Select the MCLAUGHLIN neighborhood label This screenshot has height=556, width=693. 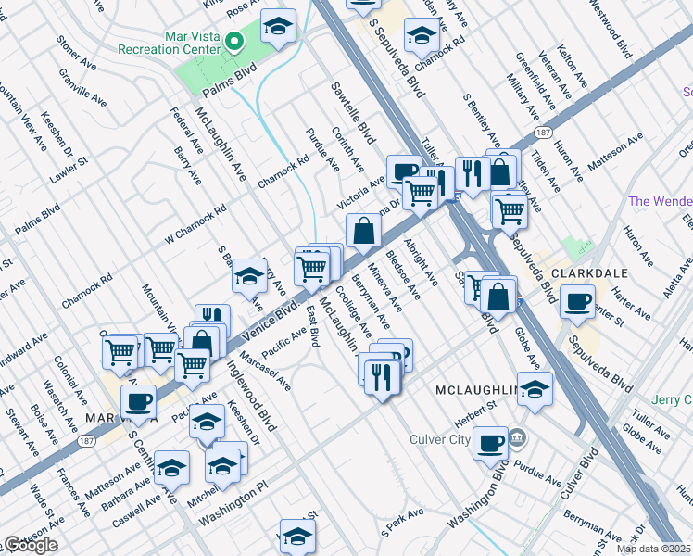click(x=474, y=392)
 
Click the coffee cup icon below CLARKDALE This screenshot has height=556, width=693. click(x=579, y=302)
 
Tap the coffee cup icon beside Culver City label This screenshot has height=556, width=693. click(x=490, y=442)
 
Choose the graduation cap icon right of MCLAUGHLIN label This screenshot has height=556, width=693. click(x=535, y=388)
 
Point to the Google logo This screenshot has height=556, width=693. click(x=31, y=545)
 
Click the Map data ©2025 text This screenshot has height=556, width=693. click(x=654, y=549)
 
